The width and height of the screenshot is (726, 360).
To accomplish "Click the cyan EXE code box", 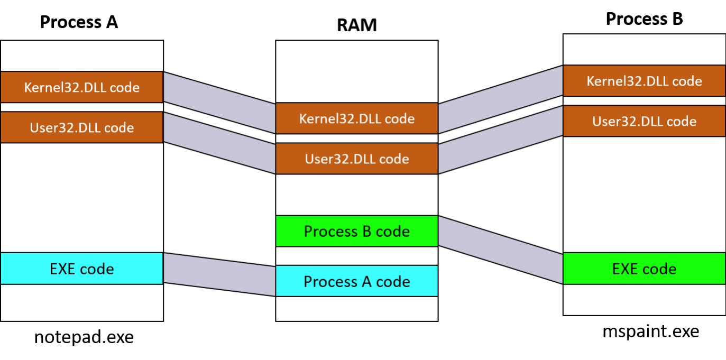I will point(81,269).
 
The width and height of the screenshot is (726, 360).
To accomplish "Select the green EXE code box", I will point(644,269).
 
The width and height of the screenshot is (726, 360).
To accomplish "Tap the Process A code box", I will point(356,281).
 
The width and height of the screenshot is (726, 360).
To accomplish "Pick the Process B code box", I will point(356,231).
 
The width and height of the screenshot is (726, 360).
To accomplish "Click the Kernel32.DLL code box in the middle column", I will point(356,118).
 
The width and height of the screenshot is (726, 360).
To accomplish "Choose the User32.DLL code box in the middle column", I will point(356,159).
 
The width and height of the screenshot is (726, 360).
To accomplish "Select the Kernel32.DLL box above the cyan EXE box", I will point(81,87).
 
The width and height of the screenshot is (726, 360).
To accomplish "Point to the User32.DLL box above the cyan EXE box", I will point(81,127).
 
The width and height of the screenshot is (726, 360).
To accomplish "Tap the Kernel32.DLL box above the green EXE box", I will point(644,81).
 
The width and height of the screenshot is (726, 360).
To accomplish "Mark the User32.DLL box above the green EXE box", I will point(644,121).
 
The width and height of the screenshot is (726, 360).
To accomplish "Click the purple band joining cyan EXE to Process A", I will point(219,274).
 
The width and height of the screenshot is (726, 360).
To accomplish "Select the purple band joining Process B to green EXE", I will point(500,250).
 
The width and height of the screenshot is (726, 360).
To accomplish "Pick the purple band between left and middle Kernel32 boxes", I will point(219,103).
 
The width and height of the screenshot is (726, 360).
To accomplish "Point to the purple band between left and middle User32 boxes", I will point(219,143).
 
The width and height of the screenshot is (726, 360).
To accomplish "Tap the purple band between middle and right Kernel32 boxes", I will point(500,100).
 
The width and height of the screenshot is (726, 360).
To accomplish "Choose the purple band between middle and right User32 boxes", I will point(500,140).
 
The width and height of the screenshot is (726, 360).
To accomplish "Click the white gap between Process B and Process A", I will point(356,256).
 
